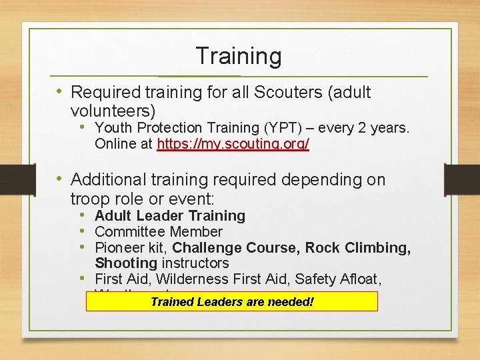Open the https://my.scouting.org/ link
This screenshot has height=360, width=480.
coord(233,144)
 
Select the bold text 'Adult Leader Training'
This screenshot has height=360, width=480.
coord(170,216)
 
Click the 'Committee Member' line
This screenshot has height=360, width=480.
coord(159,232)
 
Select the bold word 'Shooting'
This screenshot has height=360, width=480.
coord(121,263)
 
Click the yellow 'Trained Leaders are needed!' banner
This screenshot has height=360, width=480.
coord(232,301)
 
